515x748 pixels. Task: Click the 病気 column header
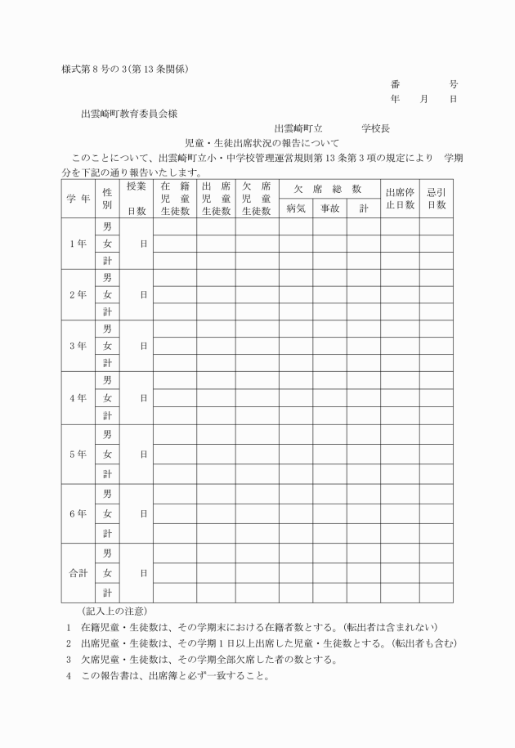coord(296,208)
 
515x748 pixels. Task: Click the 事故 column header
coord(329,208)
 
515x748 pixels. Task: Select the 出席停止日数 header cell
coord(400,199)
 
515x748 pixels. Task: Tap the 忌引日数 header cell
coord(437,199)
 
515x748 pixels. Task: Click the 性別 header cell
coord(107,199)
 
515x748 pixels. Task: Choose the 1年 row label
coord(78,244)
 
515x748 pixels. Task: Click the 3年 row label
coord(78,346)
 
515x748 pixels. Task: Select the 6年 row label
coord(78,513)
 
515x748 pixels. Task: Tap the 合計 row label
coord(78,573)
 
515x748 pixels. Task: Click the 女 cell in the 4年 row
coord(107,398)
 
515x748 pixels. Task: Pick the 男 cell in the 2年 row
coord(107,278)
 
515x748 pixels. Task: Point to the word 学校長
coord(376,128)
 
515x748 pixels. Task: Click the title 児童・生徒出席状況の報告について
coord(257,142)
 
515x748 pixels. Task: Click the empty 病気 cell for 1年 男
coord(296,226)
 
